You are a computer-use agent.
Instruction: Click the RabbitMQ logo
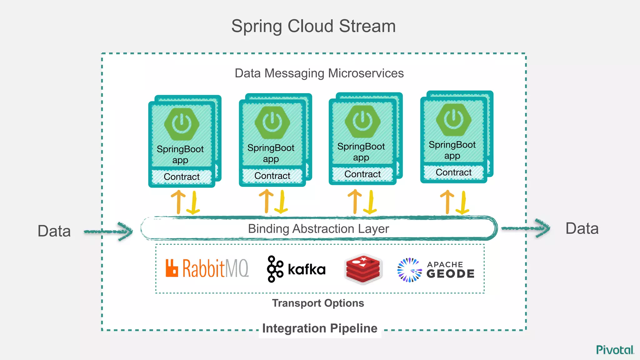207,268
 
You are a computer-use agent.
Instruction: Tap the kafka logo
296,269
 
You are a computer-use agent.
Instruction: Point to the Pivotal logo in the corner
615,350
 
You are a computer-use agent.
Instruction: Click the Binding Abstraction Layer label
318,229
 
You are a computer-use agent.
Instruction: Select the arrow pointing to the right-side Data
526,228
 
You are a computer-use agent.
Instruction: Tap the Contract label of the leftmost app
182,177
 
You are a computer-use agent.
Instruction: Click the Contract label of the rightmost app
453,172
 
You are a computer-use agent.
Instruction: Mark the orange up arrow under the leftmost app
178,202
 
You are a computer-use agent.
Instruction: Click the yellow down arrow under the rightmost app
463,203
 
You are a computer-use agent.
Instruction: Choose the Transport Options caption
318,303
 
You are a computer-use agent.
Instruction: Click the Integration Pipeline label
320,328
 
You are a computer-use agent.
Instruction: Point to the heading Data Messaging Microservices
319,73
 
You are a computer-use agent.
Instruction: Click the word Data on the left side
54,231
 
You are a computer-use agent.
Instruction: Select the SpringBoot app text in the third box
361,152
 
